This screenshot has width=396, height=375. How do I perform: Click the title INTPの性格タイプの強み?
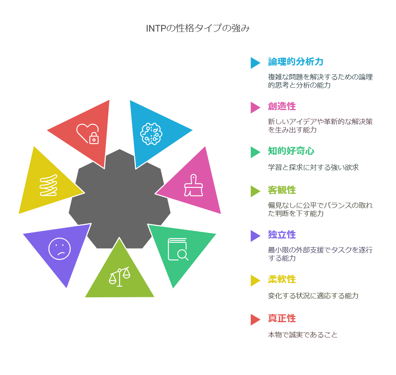(x=198, y=29)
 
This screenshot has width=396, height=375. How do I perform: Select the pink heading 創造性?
(x=282, y=106)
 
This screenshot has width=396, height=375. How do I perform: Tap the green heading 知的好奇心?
(x=291, y=151)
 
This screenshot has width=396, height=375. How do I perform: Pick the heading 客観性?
(x=282, y=190)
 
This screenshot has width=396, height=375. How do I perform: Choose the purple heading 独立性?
(x=282, y=235)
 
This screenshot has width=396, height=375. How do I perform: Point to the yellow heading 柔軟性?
(x=282, y=279)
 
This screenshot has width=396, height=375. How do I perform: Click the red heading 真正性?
(x=282, y=318)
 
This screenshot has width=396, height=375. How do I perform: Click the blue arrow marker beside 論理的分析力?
(x=255, y=62)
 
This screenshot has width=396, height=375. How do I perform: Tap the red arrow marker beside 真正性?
(x=255, y=319)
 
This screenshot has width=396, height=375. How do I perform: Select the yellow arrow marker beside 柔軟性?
(x=255, y=280)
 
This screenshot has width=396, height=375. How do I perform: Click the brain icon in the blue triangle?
(x=151, y=133)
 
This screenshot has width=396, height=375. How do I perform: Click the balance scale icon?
(x=119, y=276)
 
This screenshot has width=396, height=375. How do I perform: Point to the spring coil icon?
(x=49, y=185)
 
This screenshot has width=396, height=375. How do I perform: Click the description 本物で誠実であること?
(x=303, y=335)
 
